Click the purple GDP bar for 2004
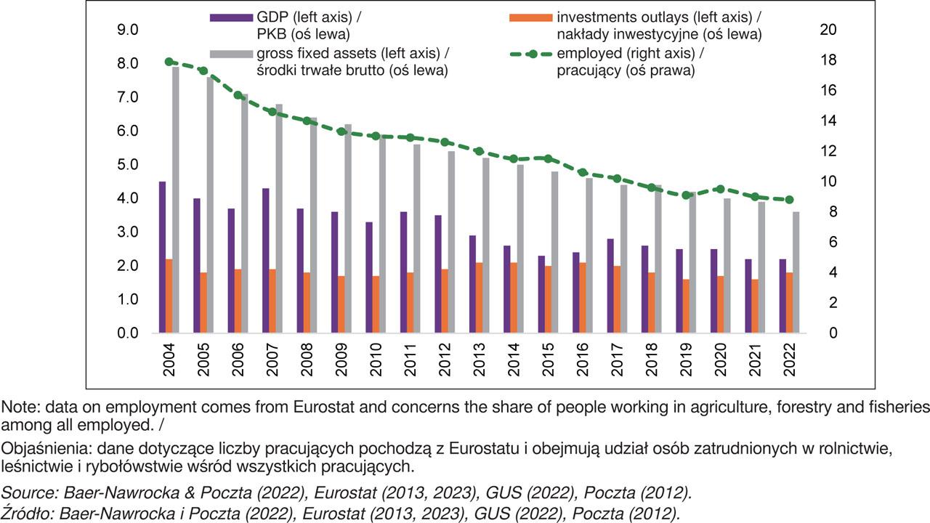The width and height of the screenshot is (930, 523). click(162, 257)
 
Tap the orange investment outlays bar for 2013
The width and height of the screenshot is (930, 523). click(480, 298)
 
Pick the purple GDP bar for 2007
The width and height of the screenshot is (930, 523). click(266, 261)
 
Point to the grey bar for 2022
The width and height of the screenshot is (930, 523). click(796, 272)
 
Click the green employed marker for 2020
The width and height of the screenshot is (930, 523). click(720, 189)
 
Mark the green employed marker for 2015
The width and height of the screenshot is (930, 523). click(548, 158)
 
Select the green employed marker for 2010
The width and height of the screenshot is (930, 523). click(376, 136)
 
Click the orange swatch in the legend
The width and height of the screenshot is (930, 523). click(529, 17)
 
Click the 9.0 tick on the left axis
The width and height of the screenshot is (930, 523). click(129, 30)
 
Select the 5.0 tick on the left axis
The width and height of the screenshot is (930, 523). click(129, 165)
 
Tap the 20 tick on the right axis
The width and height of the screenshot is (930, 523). click(828, 30)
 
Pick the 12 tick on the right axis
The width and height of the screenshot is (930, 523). click(828, 151)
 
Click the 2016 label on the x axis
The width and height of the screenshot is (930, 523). click(583, 360)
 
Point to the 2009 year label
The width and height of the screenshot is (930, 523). click(341, 360)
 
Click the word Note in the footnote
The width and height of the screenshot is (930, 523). click(16, 407)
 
